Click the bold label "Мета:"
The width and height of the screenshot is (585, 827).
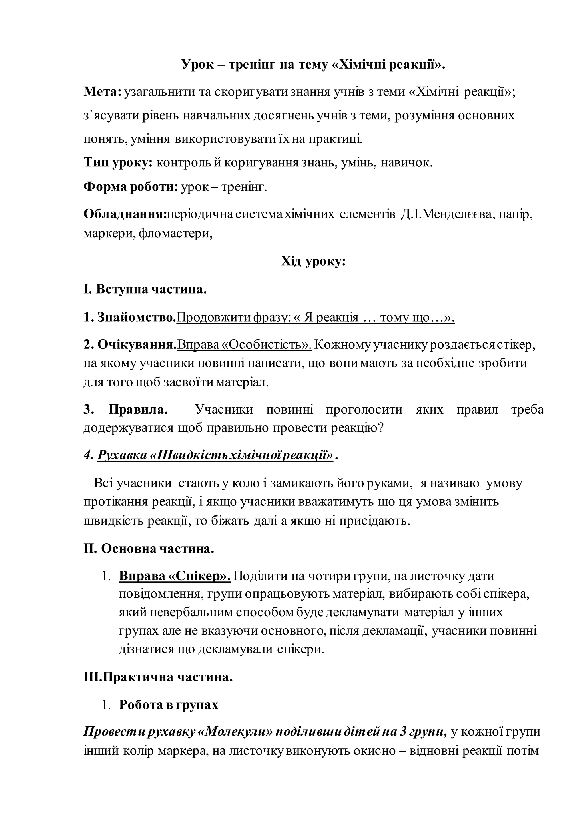103,92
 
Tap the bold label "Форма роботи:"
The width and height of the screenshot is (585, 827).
131,187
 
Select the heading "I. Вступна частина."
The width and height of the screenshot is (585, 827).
145,290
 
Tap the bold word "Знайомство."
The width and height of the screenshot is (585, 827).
137,317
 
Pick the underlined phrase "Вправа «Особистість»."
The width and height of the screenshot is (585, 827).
245,345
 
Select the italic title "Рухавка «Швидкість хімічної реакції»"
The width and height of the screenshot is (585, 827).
215,456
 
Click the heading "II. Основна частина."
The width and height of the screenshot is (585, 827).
149,549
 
